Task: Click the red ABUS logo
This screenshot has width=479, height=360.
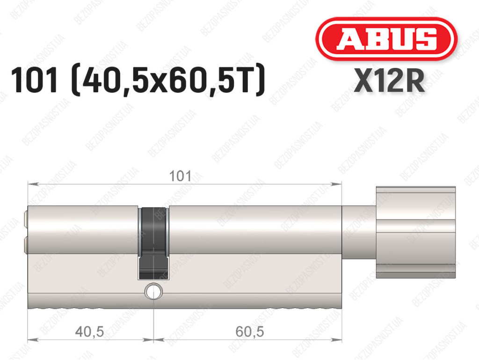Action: point(386,39)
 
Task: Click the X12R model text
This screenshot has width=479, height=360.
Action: point(389,81)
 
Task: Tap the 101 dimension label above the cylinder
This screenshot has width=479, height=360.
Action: point(180,176)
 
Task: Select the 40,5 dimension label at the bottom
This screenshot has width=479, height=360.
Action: point(89,331)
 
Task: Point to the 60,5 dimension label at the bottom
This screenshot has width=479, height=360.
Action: point(250,331)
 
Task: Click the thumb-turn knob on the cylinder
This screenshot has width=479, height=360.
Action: point(416,232)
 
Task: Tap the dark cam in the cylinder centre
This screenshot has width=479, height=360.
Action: point(153,243)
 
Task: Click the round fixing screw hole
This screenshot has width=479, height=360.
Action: point(153,291)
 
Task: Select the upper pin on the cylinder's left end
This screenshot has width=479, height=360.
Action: point(26,220)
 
